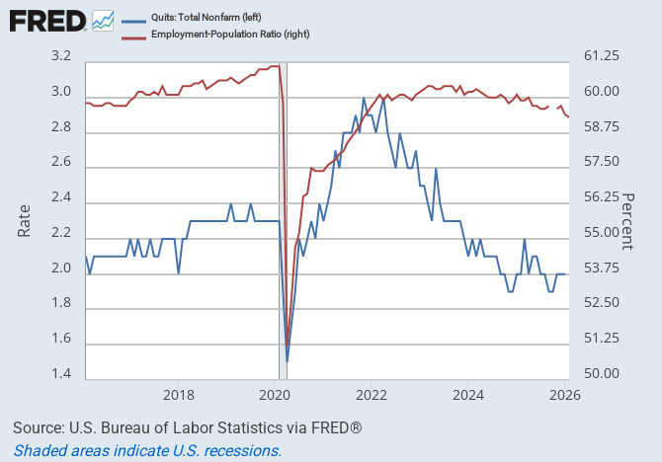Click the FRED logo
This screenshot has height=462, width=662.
pos(46,20)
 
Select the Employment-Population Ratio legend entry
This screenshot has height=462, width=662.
pos(218,36)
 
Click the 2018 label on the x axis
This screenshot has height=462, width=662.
pos(178,396)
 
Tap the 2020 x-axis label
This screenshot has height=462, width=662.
pos(274,396)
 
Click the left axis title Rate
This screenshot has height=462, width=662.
pos(25,219)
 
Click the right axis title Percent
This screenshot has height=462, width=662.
pos(627,219)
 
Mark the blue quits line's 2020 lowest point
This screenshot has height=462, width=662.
pos(287,360)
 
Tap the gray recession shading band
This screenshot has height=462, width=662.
pos(283,217)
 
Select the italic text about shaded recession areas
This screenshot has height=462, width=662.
pos(147,450)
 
